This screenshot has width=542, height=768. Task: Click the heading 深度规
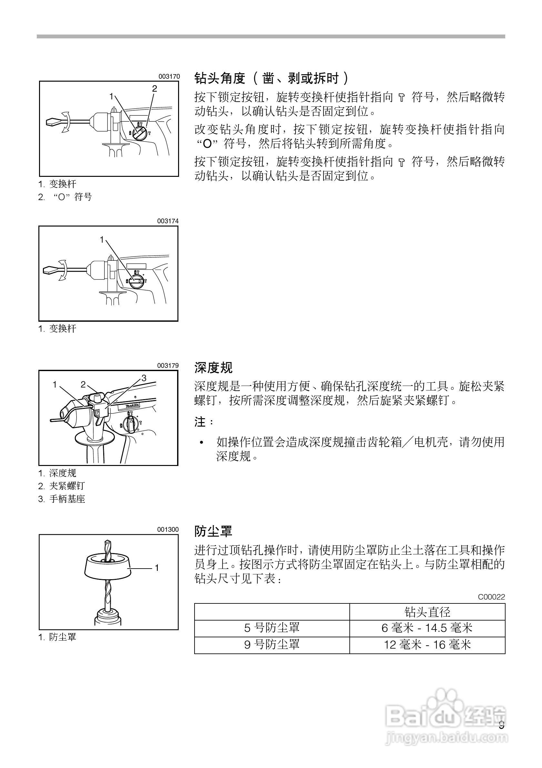[x=213, y=368]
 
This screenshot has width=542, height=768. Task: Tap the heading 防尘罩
[x=213, y=531]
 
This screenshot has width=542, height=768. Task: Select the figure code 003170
[x=169, y=76]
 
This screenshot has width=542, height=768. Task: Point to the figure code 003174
[x=168, y=221]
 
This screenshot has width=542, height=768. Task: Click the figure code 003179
[x=168, y=366]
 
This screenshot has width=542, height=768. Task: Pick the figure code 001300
[x=168, y=530]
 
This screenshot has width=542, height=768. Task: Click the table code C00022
[x=491, y=597]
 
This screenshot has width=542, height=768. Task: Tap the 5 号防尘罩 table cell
[x=272, y=628]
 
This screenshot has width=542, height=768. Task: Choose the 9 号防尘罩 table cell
[x=272, y=644]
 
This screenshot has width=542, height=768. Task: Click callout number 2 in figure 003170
[x=155, y=89]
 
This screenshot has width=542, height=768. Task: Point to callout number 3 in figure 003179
[x=144, y=378]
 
